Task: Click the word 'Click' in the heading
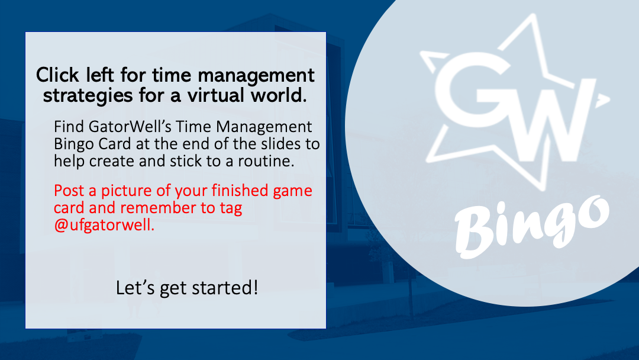tap(57, 75)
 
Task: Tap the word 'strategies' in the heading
tap(88, 96)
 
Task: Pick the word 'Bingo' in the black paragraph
tap(72, 144)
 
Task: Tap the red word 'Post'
tap(69, 191)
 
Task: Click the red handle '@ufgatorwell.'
tap(104, 225)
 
